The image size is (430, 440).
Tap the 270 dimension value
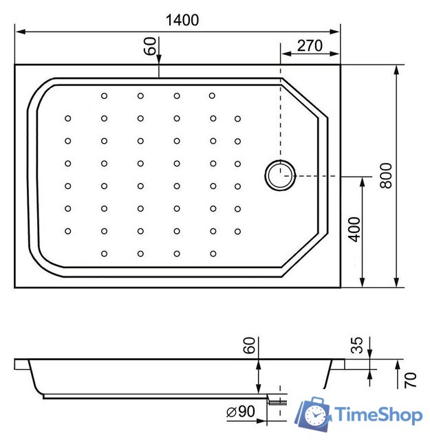(310, 46)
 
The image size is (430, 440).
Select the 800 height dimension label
(386, 176)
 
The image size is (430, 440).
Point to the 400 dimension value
(354, 228)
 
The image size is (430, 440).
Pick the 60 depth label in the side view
(249, 346)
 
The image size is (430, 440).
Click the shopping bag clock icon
(314, 414)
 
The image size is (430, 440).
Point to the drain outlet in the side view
(276, 399)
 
